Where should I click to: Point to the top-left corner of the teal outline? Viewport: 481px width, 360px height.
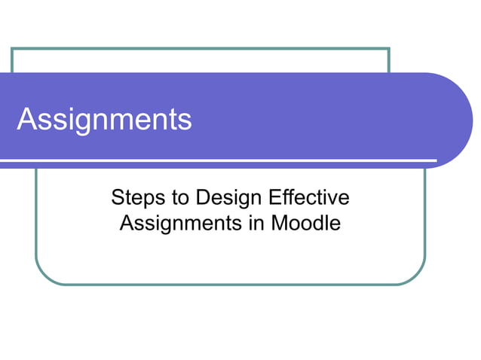click(x=12, y=49)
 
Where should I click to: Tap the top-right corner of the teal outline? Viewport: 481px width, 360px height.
click(x=388, y=49)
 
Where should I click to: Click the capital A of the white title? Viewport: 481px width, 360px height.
click(x=27, y=120)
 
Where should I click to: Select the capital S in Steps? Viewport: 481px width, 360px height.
click(x=118, y=199)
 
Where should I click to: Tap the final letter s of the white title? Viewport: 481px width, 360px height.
click(x=185, y=121)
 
